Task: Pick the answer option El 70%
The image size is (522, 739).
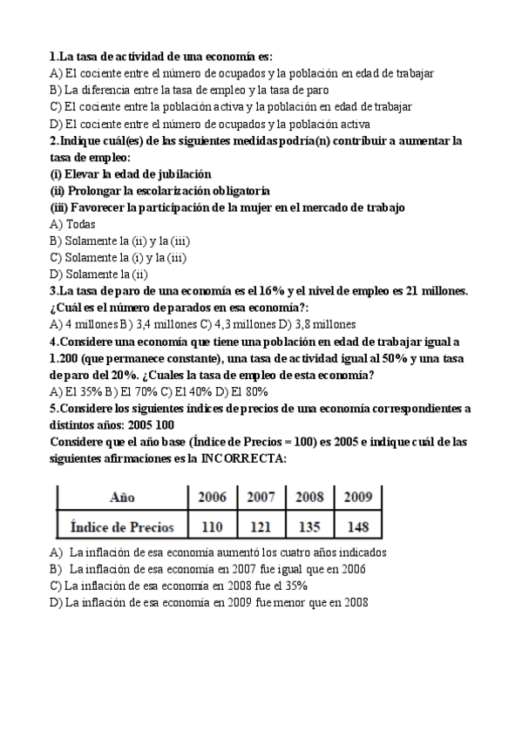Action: click(117, 391)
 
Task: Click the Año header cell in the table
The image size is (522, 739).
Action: click(122, 498)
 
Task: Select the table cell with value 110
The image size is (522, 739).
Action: click(212, 526)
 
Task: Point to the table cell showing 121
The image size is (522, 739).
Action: click(261, 526)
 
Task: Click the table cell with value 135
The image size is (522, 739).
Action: click(309, 526)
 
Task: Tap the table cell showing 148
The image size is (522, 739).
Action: click(357, 526)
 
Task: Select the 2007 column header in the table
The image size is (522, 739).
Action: click(261, 498)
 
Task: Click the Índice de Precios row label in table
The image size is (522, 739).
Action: click(122, 526)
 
